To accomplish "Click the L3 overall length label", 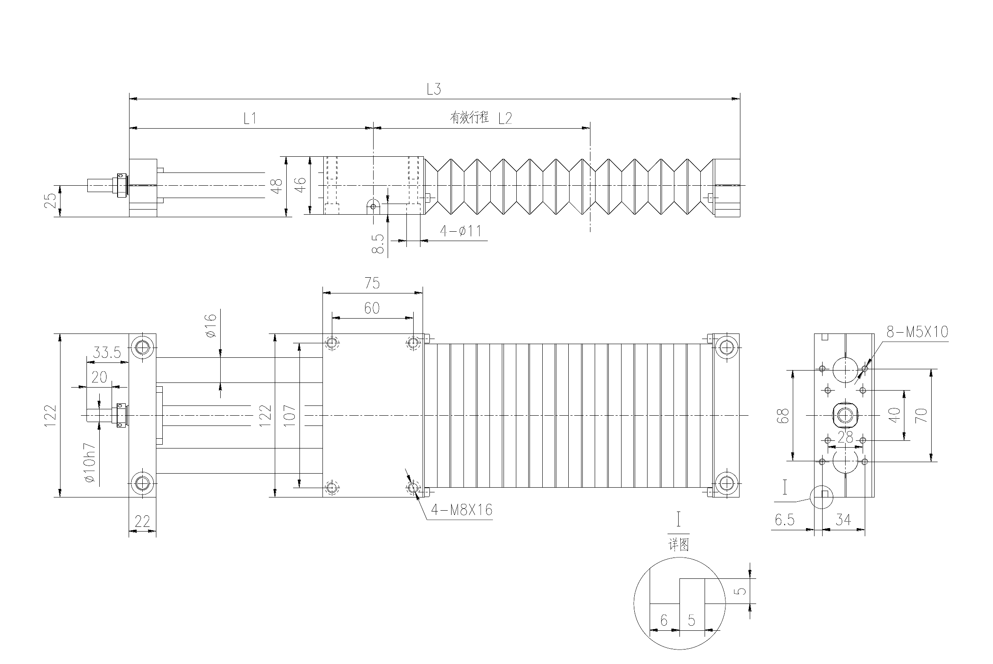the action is point(434,89).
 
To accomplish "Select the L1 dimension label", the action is point(250,118).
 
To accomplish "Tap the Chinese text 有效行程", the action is point(469,117).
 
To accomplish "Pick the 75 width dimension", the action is point(372,283).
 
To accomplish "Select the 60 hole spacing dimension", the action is point(372,308).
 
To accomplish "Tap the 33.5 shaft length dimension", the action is point(107,353).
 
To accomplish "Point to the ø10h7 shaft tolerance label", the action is point(90,462).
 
